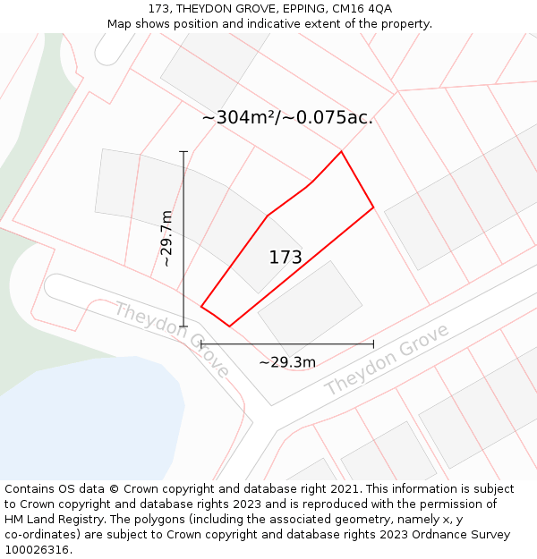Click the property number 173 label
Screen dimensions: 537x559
[x=286, y=258]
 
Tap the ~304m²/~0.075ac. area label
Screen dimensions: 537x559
[x=287, y=117]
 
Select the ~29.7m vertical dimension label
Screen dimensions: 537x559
[x=166, y=238]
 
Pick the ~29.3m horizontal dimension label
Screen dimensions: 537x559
[x=287, y=362]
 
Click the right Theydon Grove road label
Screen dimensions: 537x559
[x=386, y=360]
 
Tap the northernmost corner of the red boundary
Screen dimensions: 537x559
[x=341, y=151]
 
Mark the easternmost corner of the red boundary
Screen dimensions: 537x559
[x=373, y=208]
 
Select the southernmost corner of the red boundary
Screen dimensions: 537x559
[x=230, y=326]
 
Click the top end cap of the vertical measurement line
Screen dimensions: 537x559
[x=183, y=152]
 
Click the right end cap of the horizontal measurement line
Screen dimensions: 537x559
[x=373, y=343]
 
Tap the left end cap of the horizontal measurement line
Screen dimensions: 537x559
[x=201, y=343]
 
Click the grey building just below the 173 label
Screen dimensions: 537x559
[x=310, y=304]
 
